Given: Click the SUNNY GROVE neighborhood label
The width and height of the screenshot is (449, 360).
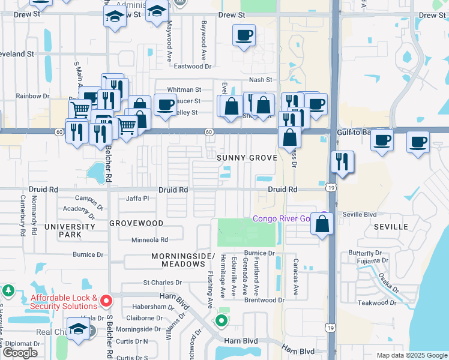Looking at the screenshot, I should pyautogui.click(x=247, y=158).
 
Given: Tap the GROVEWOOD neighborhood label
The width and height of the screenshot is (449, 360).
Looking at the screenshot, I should pyautogui.click(x=136, y=223).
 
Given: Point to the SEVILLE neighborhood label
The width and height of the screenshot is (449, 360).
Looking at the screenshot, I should pyautogui.click(x=391, y=227).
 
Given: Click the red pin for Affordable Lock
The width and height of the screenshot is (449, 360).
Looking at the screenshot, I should pyautogui.click(x=106, y=300).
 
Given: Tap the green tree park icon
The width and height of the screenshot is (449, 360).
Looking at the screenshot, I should pyautogui.click(x=8, y=292).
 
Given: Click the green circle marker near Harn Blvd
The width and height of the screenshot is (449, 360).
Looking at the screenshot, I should pyautogui.click(x=221, y=321).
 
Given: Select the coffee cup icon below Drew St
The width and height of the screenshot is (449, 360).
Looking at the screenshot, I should pyautogui.click(x=244, y=36).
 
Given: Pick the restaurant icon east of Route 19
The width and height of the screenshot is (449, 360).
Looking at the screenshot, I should pyautogui.click(x=342, y=162).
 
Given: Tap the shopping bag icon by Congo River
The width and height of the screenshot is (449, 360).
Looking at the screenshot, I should pyautogui.click(x=322, y=224).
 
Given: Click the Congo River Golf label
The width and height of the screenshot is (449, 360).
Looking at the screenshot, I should pyautogui.click(x=281, y=218).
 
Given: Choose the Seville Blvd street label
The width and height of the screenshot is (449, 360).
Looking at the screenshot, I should pyautogui.click(x=360, y=214).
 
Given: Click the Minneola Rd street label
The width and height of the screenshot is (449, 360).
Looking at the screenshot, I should pyautogui.click(x=150, y=239).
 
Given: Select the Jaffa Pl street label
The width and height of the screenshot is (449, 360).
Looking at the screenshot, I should pyautogui.click(x=137, y=199).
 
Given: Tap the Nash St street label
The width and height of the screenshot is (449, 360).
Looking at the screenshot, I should pyautogui.click(x=261, y=80).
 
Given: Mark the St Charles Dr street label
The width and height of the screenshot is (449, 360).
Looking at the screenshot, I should pyautogui.click(x=162, y=283).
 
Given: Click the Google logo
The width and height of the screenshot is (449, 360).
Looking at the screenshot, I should pyautogui.click(x=20, y=353).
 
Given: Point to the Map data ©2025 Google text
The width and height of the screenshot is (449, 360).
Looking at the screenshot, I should pyautogui.click(x=411, y=355).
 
